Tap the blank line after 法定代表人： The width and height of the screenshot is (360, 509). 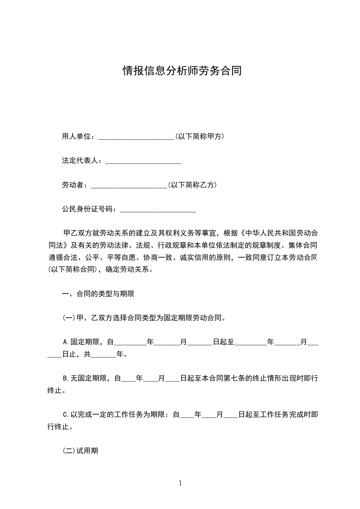(143, 162)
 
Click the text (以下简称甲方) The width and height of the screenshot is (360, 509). (199, 137)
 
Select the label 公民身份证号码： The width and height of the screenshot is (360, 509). (89, 209)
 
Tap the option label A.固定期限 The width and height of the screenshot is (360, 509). (84, 342)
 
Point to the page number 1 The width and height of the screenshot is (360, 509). (180, 483)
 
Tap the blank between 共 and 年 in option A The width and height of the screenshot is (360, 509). (104, 354)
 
